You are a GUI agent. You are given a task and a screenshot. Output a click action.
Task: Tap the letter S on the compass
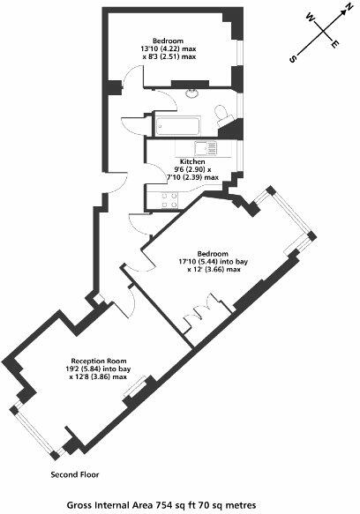292,59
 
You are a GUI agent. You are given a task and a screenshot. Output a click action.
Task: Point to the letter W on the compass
309,16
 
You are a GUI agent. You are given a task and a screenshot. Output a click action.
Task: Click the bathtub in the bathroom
181,127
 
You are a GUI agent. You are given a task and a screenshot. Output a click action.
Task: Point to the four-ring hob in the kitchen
165,199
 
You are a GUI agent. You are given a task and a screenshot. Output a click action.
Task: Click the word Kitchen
192,163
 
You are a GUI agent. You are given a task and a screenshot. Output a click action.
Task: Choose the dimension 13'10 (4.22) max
169,49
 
